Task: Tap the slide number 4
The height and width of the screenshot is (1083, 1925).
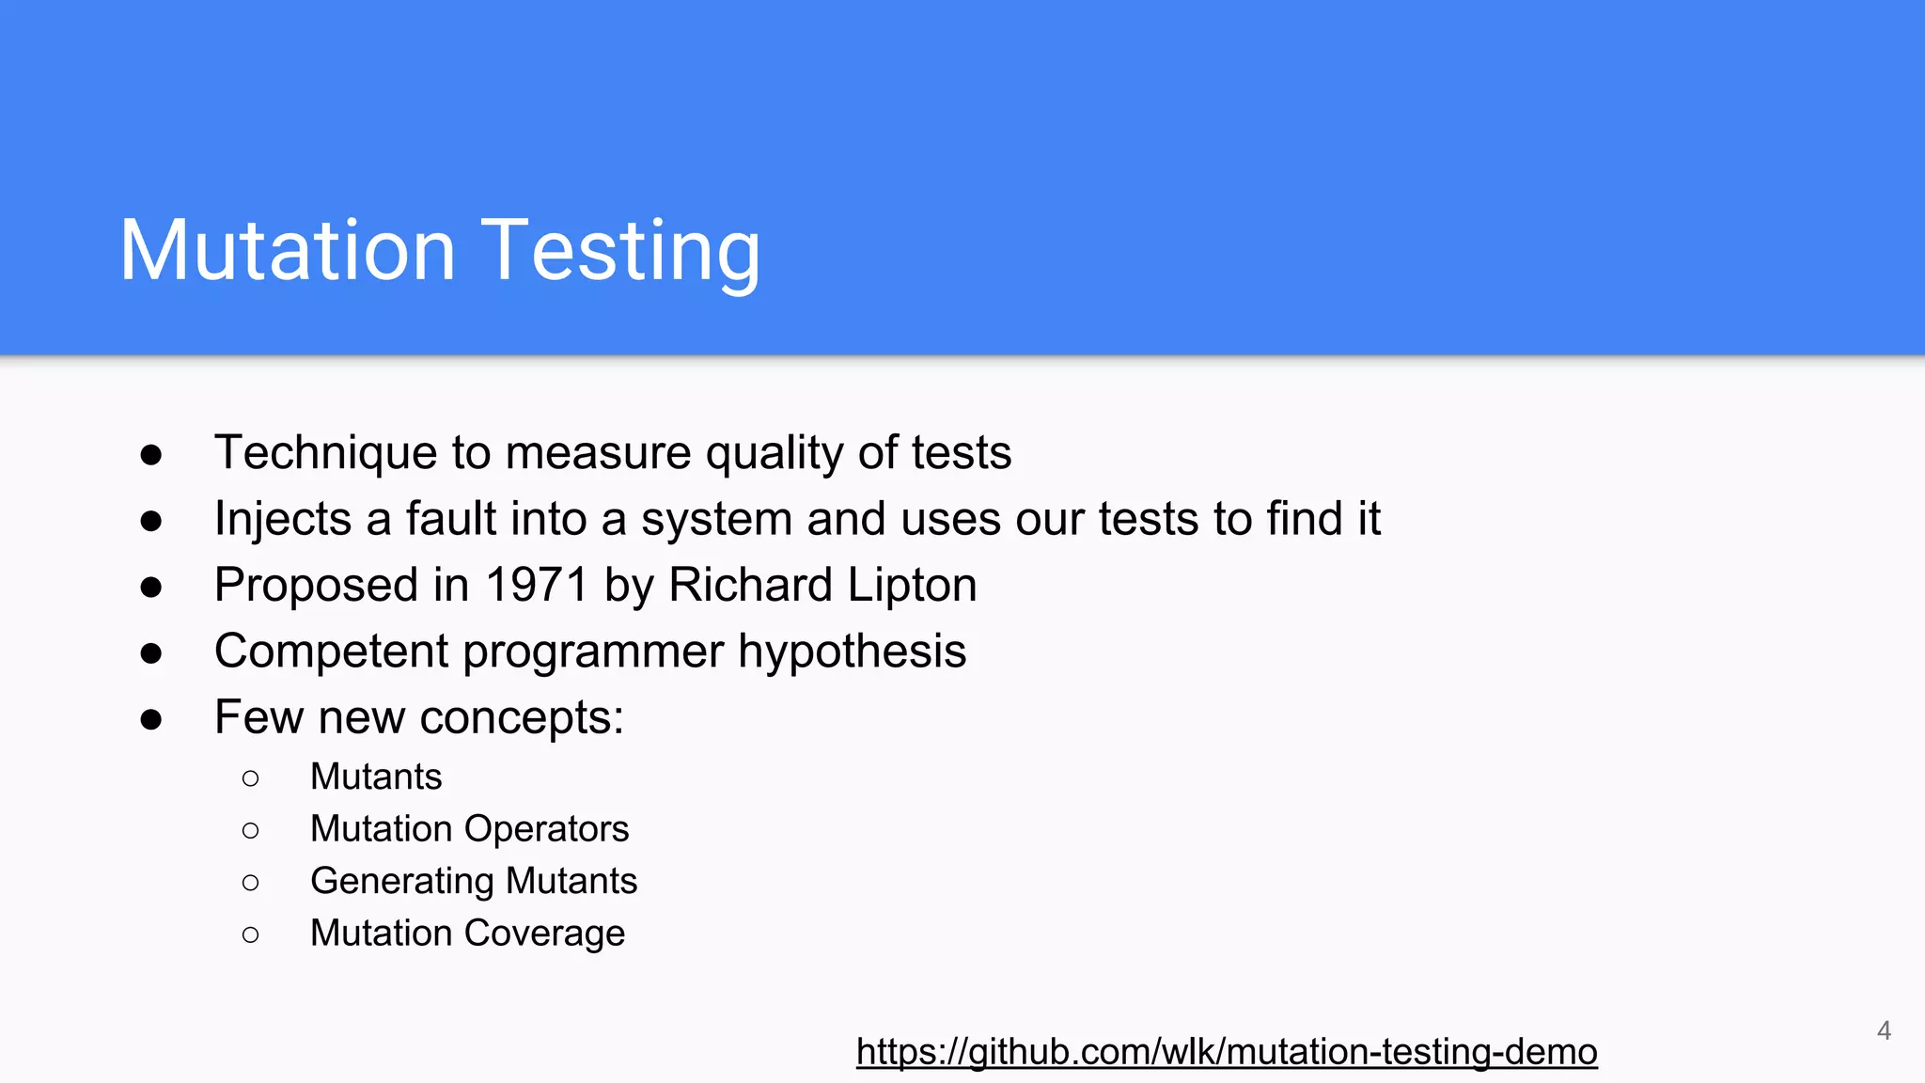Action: pos(1884,1030)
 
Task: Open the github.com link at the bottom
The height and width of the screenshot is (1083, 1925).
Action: pos(1226,1051)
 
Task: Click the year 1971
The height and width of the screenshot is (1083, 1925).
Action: pos(537,585)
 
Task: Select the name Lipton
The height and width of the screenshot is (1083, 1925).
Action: pos(912,586)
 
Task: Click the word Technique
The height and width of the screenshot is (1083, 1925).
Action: pos(325,453)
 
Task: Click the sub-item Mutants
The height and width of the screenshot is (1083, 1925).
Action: pos(376,777)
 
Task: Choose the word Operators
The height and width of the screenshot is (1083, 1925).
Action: pos(546,829)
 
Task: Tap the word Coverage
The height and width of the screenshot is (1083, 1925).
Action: pos(544,934)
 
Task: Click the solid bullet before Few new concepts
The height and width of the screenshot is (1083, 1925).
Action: pos(151,719)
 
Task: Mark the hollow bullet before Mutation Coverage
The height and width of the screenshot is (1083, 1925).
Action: pos(250,934)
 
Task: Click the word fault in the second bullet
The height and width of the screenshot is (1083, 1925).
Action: pos(446,519)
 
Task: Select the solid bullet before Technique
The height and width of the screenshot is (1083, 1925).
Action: pos(151,455)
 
